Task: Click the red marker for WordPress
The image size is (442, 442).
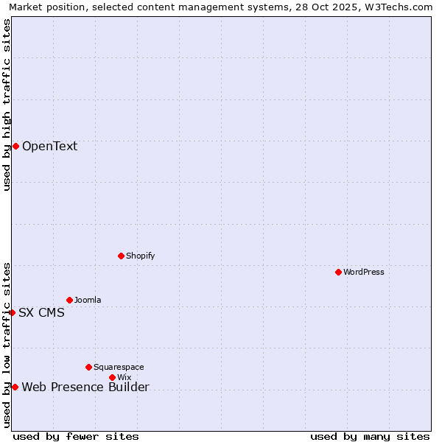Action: pyautogui.click(x=338, y=272)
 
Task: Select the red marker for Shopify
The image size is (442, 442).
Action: pyautogui.click(x=121, y=256)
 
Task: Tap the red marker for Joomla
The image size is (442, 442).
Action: pyautogui.click(x=69, y=300)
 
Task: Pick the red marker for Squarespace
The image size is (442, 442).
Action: pyautogui.click(x=88, y=367)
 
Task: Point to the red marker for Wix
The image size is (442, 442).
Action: pyautogui.click(x=112, y=377)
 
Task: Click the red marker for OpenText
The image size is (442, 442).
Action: pyautogui.click(x=15, y=146)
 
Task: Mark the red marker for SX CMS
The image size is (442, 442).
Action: pyautogui.click(x=12, y=312)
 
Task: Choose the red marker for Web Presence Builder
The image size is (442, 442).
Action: pyautogui.click(x=15, y=387)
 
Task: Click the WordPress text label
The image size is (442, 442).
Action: pyautogui.click(x=364, y=272)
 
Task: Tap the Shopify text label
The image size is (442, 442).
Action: pyautogui.click(x=141, y=256)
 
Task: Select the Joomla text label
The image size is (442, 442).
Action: pyautogui.click(x=88, y=300)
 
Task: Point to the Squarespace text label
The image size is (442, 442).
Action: pyautogui.click(x=119, y=367)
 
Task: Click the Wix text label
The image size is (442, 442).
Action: pyautogui.click(x=124, y=377)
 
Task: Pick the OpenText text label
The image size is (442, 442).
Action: pyautogui.click(x=49, y=146)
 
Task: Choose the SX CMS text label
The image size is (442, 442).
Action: pyautogui.click(x=41, y=312)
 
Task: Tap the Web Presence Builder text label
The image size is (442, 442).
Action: pyautogui.click(x=85, y=387)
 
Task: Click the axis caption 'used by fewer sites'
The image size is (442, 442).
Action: pyautogui.click(x=76, y=436)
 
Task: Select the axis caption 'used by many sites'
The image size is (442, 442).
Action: pyautogui.click(x=370, y=436)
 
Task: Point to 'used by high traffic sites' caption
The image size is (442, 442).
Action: pyautogui.click(x=7, y=105)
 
